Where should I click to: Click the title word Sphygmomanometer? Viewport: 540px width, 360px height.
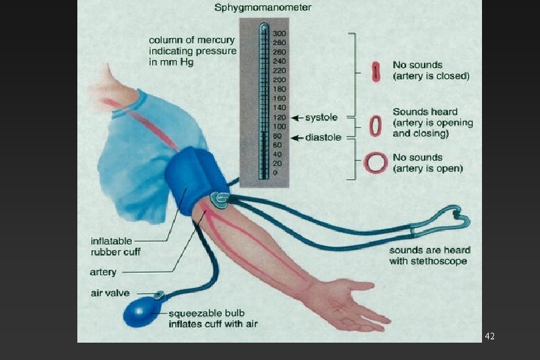262,8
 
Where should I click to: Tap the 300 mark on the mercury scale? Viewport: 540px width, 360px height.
279,33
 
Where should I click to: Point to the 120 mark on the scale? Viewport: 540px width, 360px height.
279,117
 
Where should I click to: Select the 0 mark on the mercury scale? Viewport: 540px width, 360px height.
275,173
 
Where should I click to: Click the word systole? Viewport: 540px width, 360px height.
321,118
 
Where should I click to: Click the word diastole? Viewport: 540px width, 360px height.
323,137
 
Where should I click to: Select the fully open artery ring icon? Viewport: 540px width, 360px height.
376,162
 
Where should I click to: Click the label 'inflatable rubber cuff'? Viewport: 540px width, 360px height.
116,246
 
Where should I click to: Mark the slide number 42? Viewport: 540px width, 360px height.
490,336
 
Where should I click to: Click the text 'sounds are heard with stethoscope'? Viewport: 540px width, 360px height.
429,255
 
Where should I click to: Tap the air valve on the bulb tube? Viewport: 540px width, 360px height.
159,294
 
